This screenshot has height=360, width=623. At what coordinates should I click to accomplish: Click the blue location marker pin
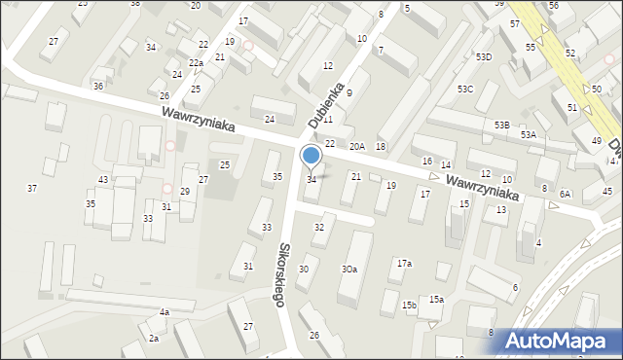(x=311, y=157)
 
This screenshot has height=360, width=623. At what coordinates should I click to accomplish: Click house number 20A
(x=357, y=146)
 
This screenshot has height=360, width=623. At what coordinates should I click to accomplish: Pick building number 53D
(x=484, y=57)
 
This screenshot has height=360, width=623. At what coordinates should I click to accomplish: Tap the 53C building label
(x=465, y=90)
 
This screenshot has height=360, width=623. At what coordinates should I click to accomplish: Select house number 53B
(x=501, y=126)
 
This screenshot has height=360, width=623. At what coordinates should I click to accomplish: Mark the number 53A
(x=528, y=135)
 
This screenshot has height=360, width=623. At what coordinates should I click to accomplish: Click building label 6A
(x=565, y=194)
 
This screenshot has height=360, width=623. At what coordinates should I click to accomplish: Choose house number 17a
(x=404, y=263)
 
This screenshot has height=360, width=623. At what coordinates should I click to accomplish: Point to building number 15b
(x=409, y=306)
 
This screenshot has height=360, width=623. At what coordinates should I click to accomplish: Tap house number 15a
(x=436, y=299)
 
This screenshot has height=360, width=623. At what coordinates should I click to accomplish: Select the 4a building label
(x=165, y=312)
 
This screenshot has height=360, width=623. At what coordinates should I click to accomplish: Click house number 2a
(x=154, y=338)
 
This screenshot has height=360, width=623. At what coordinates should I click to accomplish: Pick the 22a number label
(x=196, y=63)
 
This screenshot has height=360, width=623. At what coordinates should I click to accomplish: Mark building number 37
(x=32, y=188)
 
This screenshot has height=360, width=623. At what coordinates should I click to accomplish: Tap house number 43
(x=103, y=180)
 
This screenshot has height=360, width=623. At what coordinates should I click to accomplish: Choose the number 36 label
(x=98, y=87)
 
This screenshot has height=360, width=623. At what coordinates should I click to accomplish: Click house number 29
(x=184, y=192)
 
